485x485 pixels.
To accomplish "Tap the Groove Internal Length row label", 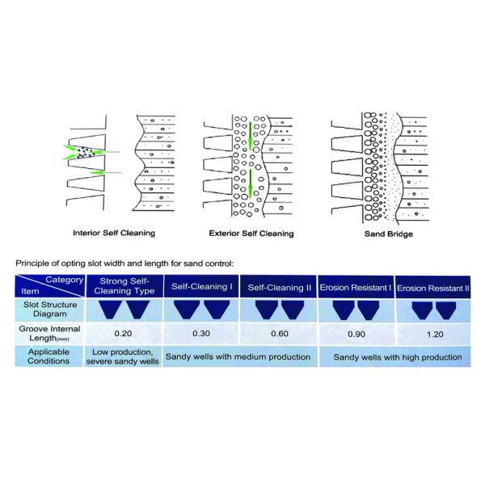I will point(59,333).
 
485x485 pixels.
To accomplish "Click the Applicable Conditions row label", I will point(59,356).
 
